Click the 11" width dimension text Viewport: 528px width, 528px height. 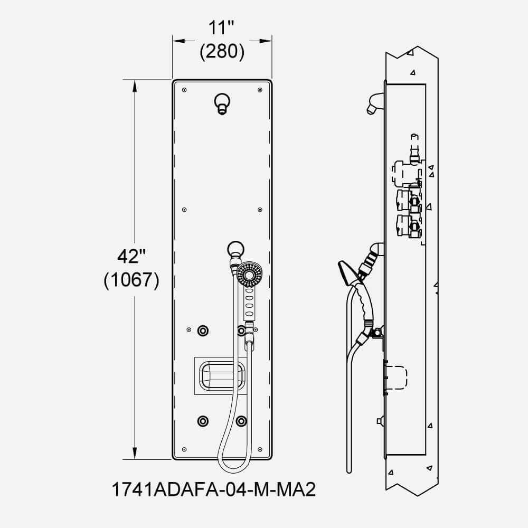point(221,27)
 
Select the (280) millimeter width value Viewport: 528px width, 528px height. point(222,52)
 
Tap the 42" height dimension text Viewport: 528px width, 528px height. point(131,257)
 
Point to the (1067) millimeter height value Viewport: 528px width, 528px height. point(131,280)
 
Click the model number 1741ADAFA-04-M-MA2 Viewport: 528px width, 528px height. point(214,489)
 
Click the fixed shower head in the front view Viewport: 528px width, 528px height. point(222,103)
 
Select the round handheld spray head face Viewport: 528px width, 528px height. point(249,275)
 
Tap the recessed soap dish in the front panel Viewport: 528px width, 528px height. point(221,375)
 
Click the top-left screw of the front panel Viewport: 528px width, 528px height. point(184,90)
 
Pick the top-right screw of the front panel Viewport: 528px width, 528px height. point(260,90)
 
